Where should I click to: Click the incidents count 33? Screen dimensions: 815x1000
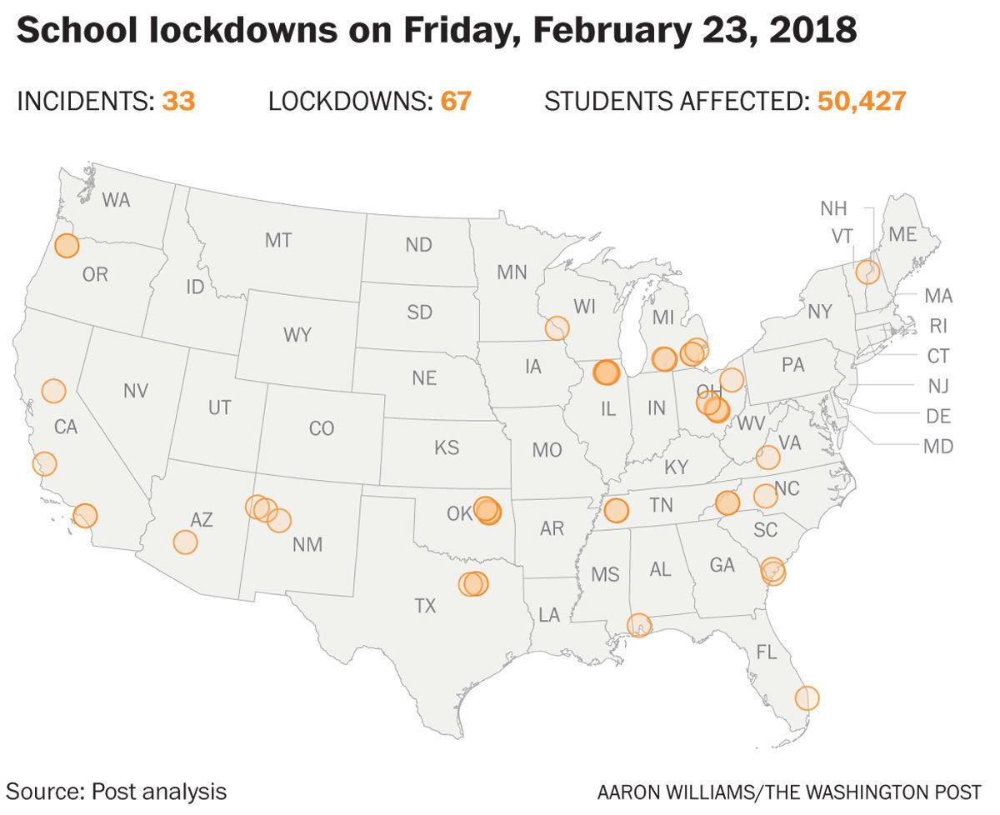[178, 102]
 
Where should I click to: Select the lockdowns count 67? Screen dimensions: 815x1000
[455, 102]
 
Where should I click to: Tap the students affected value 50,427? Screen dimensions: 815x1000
[861, 102]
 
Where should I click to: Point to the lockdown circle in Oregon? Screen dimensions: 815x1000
[67, 246]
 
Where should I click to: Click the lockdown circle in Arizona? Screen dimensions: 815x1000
[185, 542]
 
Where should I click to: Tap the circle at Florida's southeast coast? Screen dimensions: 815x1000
[807, 697]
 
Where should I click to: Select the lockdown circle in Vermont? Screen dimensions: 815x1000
[867, 271]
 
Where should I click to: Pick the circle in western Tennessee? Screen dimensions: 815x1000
[616, 509]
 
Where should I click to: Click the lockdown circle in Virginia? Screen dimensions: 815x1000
[767, 457]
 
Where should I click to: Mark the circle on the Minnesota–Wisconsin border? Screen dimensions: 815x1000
[557, 327]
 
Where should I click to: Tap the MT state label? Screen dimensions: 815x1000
[278, 241]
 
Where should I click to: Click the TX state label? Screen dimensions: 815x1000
[425, 606]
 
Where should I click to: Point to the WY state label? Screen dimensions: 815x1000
[297, 335]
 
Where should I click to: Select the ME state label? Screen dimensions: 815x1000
[902, 235]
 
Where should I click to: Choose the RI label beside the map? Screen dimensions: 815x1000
[938, 326]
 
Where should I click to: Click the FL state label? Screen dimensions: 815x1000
[766, 650]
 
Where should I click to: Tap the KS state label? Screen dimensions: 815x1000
[447, 447]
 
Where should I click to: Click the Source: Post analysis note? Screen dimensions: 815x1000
[117, 790]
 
